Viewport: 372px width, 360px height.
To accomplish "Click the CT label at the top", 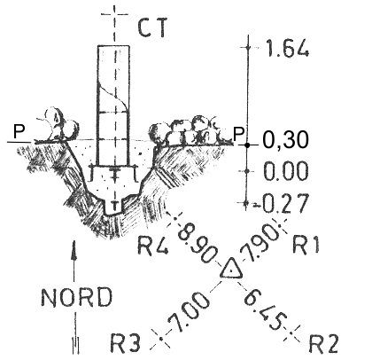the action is click(153, 27).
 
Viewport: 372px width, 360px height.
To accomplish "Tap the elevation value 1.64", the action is click(288, 49).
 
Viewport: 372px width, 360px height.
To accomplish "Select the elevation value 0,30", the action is click(285, 140).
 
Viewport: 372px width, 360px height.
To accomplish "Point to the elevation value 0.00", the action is click(285, 171).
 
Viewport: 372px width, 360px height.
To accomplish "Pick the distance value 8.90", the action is click(197, 243).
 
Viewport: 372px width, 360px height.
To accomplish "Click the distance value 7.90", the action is click(260, 244).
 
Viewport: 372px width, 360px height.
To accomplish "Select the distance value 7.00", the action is click(189, 312).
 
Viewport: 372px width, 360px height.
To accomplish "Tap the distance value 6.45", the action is click(266, 310).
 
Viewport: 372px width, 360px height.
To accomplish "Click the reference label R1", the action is click(306, 245).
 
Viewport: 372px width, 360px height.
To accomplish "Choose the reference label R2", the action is click(322, 344).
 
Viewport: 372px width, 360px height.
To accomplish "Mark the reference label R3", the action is click(125, 343).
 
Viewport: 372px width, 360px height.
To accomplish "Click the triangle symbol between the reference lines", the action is click(231, 269).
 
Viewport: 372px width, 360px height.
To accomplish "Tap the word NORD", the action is click(76, 297).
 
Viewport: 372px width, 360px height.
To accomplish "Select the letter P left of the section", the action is click(18, 131).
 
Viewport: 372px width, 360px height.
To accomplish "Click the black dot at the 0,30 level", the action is click(247, 145).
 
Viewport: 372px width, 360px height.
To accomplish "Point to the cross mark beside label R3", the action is click(160, 339).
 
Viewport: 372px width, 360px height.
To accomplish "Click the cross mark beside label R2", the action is click(291, 333).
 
